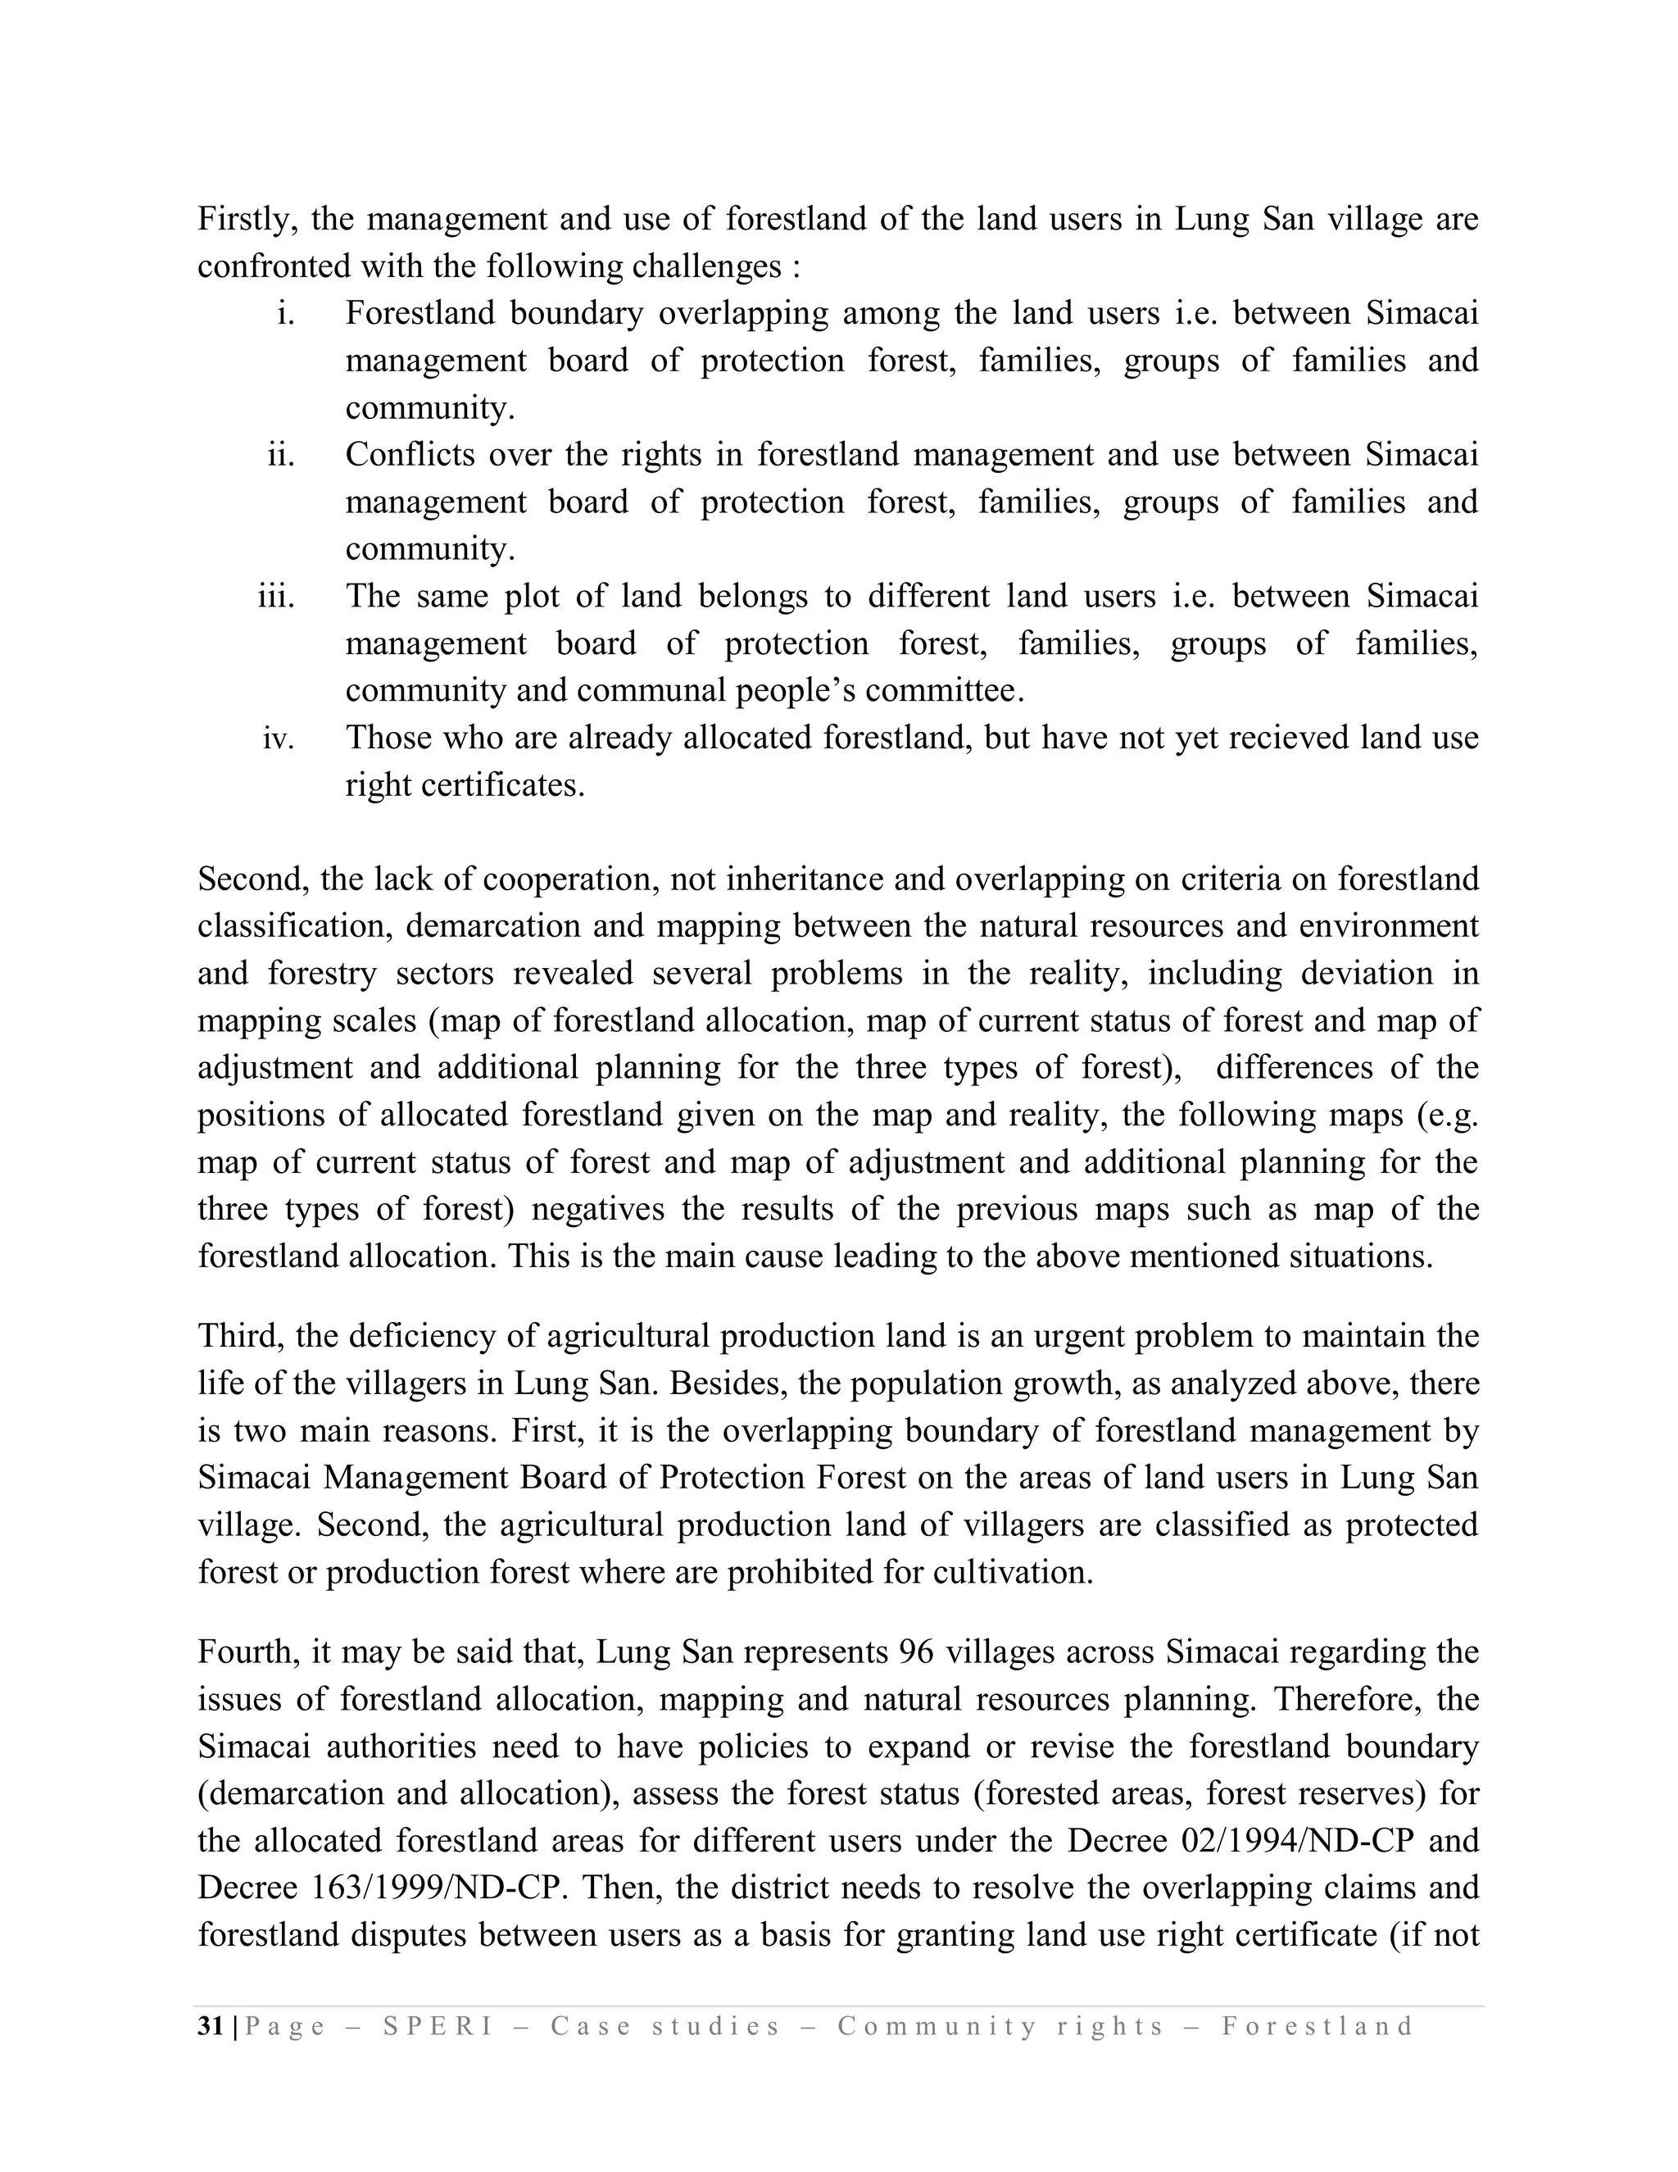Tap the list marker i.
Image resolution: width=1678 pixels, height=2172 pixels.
pyautogui.click(x=285, y=314)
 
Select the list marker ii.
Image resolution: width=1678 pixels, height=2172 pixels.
pyautogui.click(x=281, y=456)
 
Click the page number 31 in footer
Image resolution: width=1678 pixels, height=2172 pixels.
pyautogui.click(x=211, y=2027)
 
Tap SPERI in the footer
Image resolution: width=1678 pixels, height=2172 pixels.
pyautogui.click(x=438, y=2027)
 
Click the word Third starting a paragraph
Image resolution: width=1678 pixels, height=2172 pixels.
pyautogui.click(x=237, y=1336)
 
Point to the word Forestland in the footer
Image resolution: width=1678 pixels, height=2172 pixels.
pyautogui.click(x=1318, y=2027)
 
